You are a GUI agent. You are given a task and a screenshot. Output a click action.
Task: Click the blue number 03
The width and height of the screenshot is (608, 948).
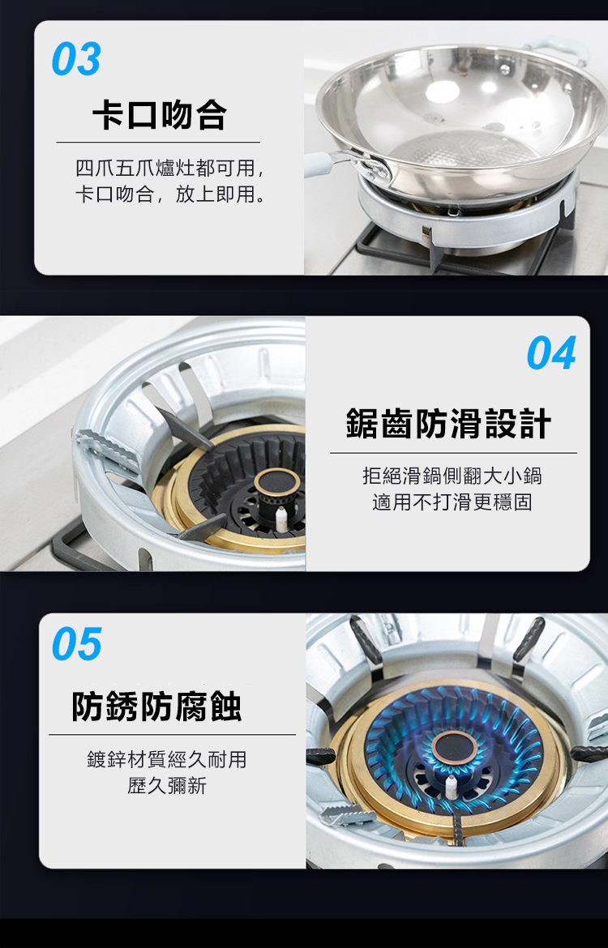[x=76, y=59]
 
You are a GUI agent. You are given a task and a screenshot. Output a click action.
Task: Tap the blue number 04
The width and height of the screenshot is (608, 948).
[x=551, y=353]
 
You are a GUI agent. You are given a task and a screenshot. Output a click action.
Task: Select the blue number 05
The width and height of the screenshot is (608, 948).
[x=77, y=644]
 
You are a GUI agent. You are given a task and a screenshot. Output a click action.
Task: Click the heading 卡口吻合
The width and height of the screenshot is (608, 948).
[x=159, y=115]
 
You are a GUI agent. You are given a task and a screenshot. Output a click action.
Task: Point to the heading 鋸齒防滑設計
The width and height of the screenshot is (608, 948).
[x=448, y=423]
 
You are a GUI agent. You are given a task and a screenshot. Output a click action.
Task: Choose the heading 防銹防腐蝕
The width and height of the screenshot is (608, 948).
[x=156, y=707]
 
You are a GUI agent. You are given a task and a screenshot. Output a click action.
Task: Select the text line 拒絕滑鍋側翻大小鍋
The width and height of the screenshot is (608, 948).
[x=452, y=476]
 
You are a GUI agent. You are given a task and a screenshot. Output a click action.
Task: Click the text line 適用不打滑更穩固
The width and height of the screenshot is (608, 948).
[x=452, y=502]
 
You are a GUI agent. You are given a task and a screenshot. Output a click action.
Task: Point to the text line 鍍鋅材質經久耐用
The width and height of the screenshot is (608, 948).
[x=167, y=759]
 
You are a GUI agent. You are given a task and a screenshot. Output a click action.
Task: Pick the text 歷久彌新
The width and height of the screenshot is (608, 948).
[x=167, y=785]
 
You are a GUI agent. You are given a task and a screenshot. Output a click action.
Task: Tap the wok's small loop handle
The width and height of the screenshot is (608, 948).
[x=562, y=49]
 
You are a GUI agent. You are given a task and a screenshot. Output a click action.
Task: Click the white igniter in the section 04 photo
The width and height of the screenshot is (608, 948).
[x=280, y=519]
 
